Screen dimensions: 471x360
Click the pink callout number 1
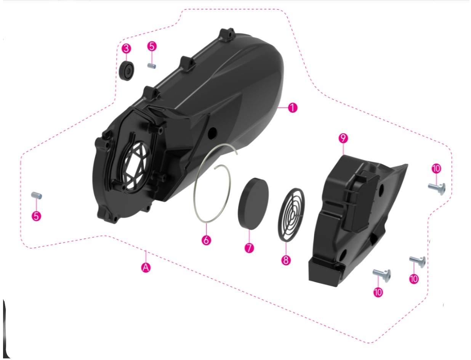coord(293,108)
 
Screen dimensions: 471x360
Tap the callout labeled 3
coord(126,48)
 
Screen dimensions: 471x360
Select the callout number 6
coord(206,240)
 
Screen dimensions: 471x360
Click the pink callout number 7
coord(249,248)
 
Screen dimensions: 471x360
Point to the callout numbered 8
coord(286,260)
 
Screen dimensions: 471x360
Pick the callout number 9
coord(343,138)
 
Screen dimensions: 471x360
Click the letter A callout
coord(146,267)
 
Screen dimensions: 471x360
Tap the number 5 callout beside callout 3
coord(152,46)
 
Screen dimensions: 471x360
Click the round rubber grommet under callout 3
coord(126,71)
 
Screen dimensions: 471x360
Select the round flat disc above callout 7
coord(253,204)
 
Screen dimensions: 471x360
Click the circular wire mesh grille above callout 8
coord(291,215)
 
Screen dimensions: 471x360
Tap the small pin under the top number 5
coord(152,66)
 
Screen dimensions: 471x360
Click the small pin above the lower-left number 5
coord(37,195)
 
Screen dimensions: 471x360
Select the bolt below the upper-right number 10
coord(437,189)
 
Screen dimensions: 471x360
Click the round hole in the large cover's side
coord(212,133)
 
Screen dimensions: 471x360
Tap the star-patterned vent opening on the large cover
coord(135,165)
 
